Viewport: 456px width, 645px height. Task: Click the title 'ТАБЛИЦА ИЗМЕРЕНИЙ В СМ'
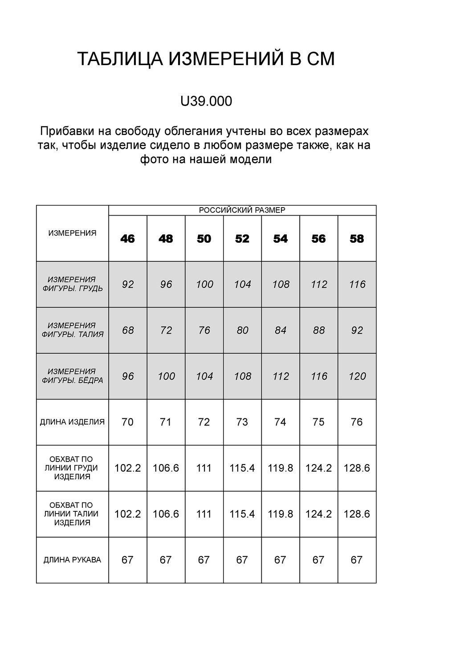tap(206, 59)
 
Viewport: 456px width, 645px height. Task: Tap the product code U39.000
tap(206, 102)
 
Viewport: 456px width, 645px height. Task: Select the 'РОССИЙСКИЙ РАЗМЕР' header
tap(242, 210)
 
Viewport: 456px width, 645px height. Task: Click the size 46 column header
tap(127, 239)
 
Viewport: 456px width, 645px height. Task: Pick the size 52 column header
tap(242, 239)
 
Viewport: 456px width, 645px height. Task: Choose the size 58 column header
tap(357, 239)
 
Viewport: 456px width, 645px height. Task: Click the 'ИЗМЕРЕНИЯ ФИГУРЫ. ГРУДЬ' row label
tap(72, 284)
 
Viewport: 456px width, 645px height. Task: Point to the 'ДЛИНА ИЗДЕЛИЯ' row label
tap(72, 421)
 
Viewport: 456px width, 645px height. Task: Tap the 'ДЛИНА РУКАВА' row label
tap(72, 560)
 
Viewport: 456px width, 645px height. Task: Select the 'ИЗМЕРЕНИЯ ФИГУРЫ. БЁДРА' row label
tap(72, 376)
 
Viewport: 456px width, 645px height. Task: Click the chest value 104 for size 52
tap(242, 284)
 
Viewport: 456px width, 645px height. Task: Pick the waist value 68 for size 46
tap(128, 330)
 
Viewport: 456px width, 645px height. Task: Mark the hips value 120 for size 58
tap(357, 376)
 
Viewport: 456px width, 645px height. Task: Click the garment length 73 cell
tap(242, 422)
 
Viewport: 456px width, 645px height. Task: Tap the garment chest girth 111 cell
tap(204, 468)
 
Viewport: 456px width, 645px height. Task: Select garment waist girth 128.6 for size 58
tap(357, 514)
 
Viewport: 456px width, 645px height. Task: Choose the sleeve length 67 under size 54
tap(280, 560)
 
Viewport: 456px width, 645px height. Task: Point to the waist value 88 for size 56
tap(319, 330)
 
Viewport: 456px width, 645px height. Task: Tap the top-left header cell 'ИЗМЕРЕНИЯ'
tap(72, 233)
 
